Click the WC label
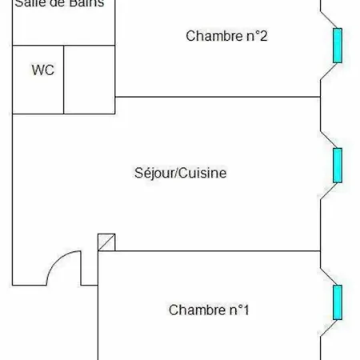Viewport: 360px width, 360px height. tap(42, 70)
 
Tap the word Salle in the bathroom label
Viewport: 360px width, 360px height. tap(30, 3)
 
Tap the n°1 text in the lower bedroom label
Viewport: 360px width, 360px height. tap(236, 310)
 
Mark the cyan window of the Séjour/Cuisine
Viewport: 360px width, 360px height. tap(338, 165)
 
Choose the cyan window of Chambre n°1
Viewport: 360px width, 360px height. tap(338, 302)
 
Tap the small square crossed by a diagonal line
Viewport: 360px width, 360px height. tap(106, 242)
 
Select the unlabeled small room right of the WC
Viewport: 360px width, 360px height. tap(89, 79)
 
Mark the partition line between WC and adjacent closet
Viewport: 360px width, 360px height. tap(63, 79)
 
